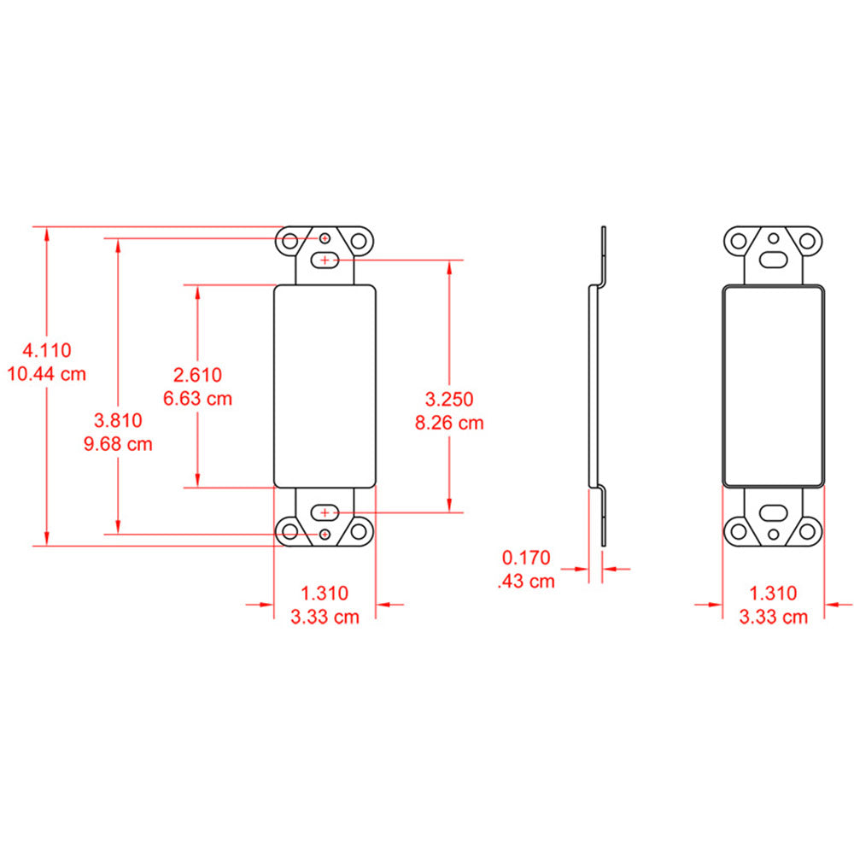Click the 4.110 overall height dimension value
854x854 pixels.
(47, 349)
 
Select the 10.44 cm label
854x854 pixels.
(47, 373)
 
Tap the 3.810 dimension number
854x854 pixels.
(118, 420)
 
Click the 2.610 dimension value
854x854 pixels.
(197, 374)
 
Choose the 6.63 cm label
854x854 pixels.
(197, 398)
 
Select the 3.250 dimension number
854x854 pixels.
(449, 398)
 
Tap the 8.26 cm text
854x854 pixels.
(449, 422)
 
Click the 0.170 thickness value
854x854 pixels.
(526, 559)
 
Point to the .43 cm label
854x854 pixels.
(526, 582)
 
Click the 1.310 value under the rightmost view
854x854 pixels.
(773, 593)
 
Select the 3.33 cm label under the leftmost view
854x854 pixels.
(325, 617)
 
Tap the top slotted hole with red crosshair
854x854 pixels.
(325, 260)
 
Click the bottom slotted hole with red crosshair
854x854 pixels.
(325, 512)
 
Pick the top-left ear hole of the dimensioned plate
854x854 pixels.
(290, 241)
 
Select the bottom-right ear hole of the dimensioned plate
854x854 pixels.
(359, 532)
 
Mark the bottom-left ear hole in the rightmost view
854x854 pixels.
(739, 531)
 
